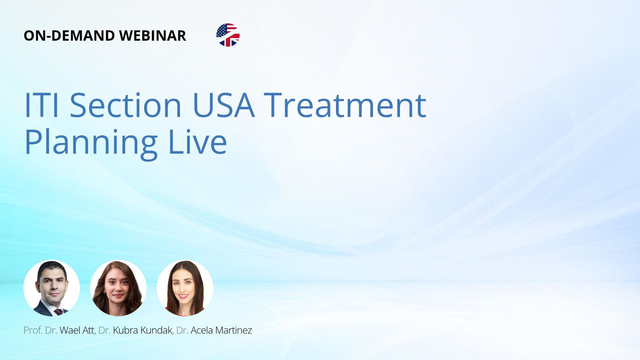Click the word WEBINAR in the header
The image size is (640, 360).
152,36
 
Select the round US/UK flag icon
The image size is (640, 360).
228,35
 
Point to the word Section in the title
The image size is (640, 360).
126,105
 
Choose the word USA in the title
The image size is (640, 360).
224,105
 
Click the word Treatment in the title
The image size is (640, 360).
345,105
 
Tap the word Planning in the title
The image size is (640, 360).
91,142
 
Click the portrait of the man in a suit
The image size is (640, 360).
52,288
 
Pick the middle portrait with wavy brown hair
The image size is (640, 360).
118,288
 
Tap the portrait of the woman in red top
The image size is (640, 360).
185,288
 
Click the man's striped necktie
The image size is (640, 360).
59,312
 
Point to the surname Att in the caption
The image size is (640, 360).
88,330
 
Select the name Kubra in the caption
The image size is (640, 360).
126,330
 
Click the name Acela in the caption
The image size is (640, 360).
202,330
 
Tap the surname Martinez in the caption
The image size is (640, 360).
234,330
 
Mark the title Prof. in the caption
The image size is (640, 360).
33,330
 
